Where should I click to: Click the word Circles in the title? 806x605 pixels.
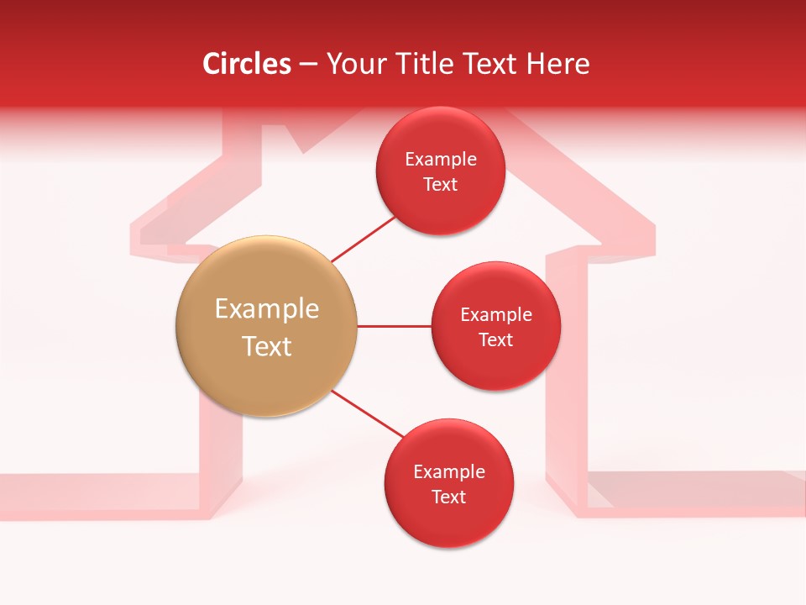(x=247, y=64)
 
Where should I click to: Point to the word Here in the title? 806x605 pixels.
(x=558, y=64)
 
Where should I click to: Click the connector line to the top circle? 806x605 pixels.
(x=363, y=239)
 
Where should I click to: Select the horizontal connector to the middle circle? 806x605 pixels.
(x=394, y=326)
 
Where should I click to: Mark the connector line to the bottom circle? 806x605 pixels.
(x=367, y=414)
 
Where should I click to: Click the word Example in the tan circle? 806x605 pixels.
(x=267, y=309)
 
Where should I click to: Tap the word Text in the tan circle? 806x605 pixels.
(x=267, y=346)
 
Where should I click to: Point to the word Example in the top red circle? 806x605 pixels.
(x=441, y=159)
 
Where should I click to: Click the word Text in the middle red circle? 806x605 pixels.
(x=495, y=339)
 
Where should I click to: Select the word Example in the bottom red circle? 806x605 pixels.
(x=449, y=471)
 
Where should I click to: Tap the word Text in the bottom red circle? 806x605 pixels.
(x=448, y=497)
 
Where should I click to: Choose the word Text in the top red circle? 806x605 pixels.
(x=440, y=184)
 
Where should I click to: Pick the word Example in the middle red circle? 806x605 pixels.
(x=496, y=314)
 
